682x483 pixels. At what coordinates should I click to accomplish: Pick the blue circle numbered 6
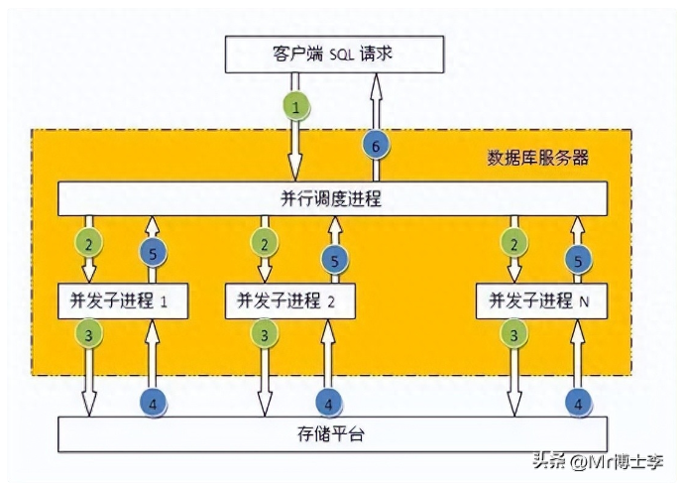(x=373, y=146)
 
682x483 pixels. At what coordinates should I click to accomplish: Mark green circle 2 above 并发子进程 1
(x=87, y=241)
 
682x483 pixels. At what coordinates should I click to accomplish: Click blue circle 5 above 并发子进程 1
(x=152, y=254)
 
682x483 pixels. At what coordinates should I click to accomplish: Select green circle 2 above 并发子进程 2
(x=264, y=241)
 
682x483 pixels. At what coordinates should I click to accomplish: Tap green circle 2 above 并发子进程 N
(x=513, y=241)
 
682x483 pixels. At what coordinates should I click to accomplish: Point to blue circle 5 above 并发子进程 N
(x=578, y=262)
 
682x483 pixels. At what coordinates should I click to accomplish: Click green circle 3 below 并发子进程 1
(x=87, y=335)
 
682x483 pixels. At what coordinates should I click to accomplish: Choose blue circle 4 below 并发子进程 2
(x=328, y=403)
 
